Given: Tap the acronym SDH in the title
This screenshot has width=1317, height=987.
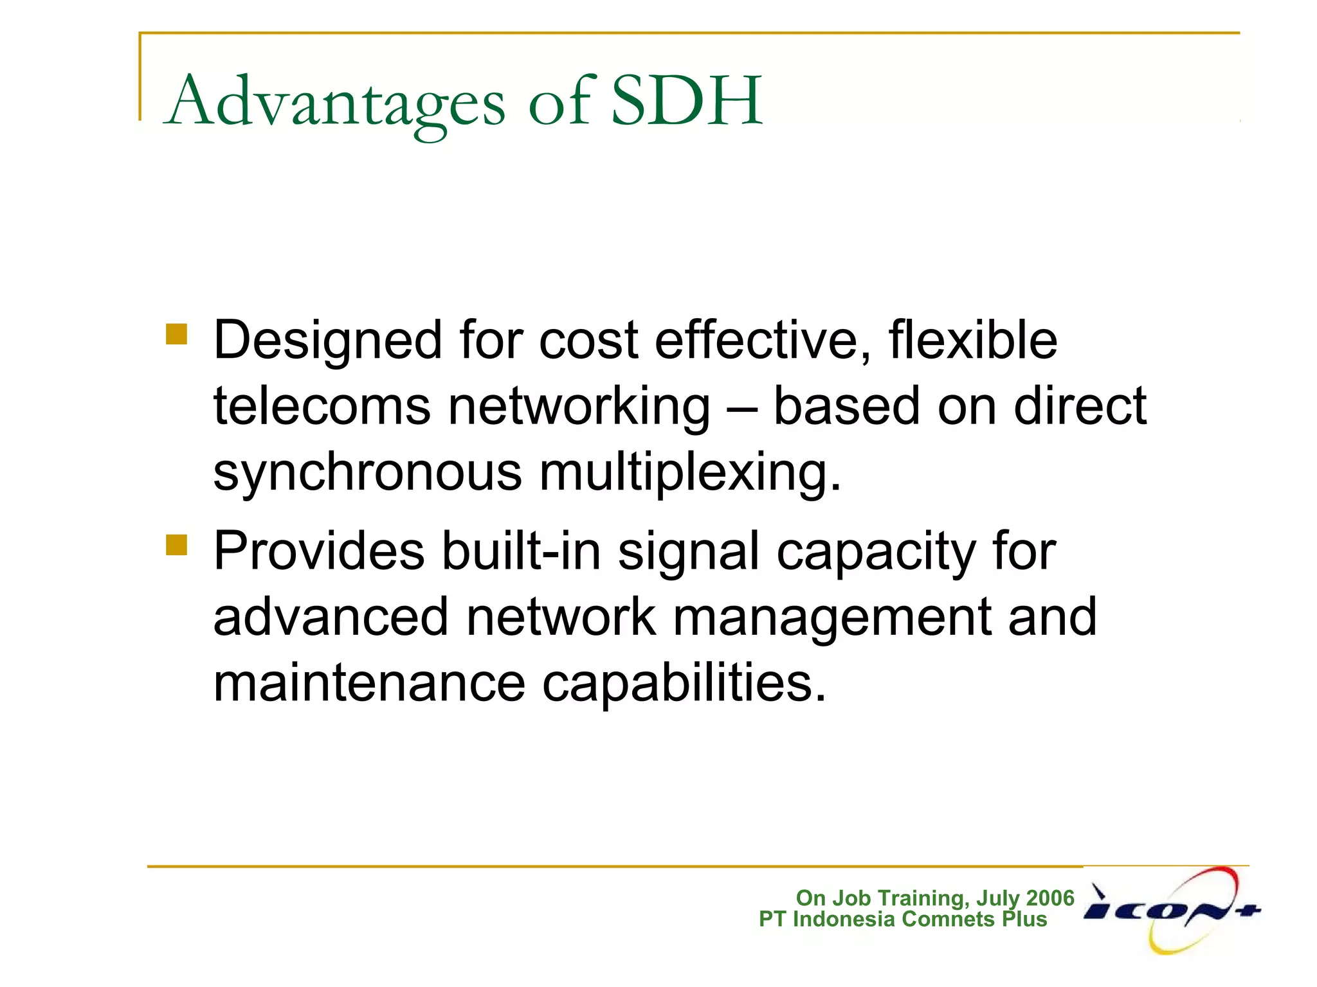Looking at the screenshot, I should click(x=686, y=101).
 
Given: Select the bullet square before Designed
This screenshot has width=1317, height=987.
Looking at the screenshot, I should click(x=176, y=334).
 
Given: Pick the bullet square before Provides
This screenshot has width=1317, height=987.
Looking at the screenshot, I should click(x=176, y=545).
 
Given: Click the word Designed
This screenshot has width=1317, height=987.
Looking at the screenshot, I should click(x=327, y=341).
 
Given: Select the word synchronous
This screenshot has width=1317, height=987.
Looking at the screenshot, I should click(x=367, y=473).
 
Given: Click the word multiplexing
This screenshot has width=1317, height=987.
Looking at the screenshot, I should click(x=690, y=473).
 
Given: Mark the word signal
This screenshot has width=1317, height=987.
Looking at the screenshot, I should click(x=688, y=551).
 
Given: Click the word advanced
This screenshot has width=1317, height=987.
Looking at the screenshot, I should click(x=331, y=617).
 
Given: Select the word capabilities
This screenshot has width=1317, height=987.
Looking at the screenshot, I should click(x=684, y=684).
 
